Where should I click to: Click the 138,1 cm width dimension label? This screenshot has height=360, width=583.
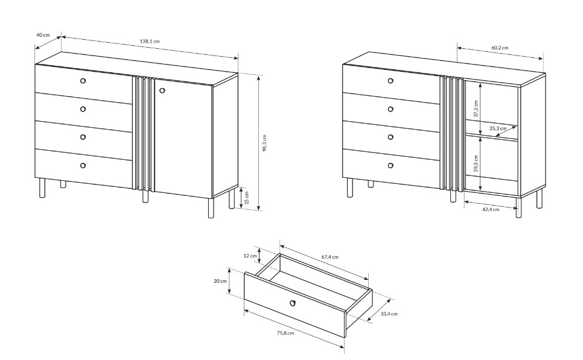(150, 41)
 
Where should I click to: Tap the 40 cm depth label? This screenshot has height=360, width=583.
(43, 35)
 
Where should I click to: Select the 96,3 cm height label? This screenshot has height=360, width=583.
(264, 143)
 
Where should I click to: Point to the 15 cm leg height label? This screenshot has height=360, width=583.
(247, 198)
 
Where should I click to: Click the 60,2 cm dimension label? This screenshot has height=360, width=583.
(500, 48)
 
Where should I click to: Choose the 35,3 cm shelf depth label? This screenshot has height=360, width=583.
(498, 128)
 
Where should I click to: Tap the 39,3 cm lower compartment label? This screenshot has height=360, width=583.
(476, 163)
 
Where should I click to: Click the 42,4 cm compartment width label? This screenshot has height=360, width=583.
(491, 209)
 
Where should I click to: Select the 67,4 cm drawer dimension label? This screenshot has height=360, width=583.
(330, 257)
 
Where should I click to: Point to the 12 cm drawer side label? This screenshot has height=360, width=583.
(250, 256)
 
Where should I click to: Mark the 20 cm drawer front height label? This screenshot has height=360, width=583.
(220, 281)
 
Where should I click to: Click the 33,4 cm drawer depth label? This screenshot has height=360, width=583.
(389, 314)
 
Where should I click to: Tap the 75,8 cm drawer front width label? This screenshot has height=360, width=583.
(285, 333)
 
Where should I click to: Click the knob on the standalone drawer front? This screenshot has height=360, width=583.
(293, 303)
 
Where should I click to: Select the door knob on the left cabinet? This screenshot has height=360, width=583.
(162, 90)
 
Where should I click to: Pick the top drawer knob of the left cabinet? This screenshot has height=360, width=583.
(83, 81)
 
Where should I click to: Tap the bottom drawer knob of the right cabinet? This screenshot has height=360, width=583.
(390, 165)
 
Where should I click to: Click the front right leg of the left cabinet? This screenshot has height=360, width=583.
(211, 208)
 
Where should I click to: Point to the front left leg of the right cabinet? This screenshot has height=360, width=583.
(349, 188)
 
